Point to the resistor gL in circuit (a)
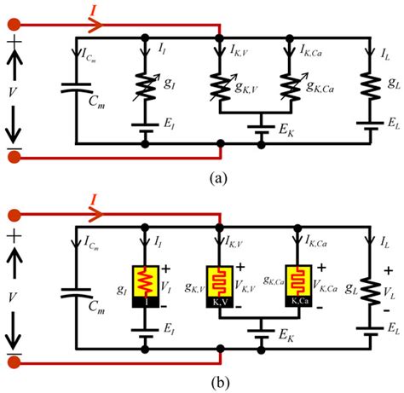point(368,83)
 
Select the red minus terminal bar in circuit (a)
point(14,155)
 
